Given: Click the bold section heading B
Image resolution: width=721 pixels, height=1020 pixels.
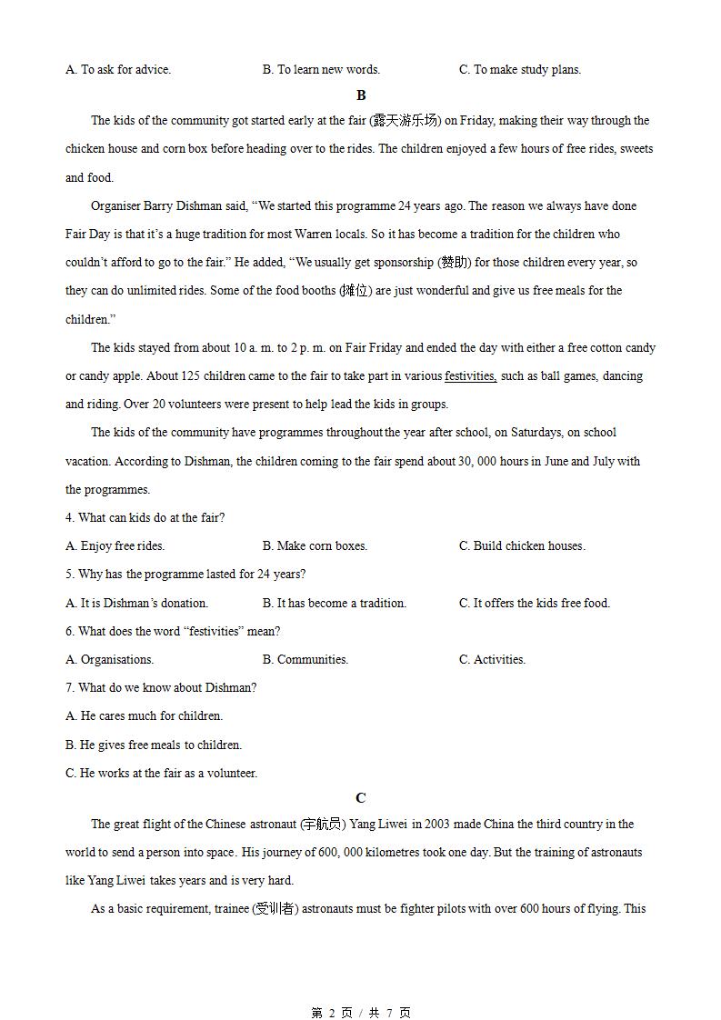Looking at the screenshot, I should tap(361, 95).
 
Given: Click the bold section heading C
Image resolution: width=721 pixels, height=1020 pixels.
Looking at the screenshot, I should tap(361, 798).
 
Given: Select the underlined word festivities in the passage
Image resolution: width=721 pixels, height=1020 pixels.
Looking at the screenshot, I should tap(470, 375).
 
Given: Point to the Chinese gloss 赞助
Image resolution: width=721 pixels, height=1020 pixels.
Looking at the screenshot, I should tap(455, 263).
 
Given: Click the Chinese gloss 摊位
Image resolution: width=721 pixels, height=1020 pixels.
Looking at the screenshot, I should tap(355, 291).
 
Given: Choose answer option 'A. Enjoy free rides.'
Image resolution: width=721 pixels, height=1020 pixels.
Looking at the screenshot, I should tap(115, 546).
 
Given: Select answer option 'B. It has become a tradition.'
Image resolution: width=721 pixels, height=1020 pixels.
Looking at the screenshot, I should tap(335, 603).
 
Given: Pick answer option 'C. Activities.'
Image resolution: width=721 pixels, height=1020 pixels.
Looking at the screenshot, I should tap(492, 660).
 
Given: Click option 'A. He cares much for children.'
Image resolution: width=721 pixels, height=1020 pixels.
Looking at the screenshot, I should tap(145, 716).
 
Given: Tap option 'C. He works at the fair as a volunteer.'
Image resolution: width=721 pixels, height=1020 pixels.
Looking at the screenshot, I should tap(162, 774).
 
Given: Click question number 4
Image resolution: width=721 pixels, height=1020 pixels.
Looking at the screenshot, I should tap(70, 518).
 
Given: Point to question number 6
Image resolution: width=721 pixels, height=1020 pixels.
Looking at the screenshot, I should tap(70, 632).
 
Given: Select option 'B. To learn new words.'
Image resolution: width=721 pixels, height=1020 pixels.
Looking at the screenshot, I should tap(321, 69).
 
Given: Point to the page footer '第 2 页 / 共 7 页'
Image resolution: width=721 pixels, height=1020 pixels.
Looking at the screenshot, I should tap(361, 1013).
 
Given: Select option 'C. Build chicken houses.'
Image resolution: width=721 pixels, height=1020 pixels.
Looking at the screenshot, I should tap(522, 546).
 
